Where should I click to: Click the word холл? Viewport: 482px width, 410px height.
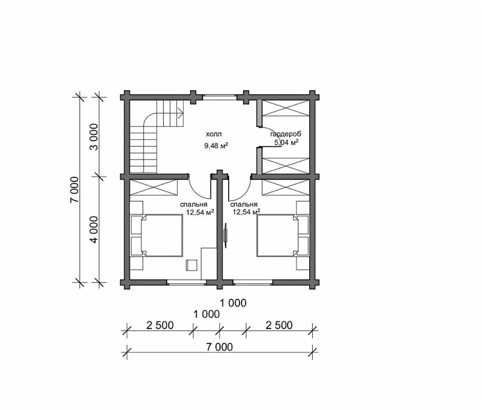click(214, 134)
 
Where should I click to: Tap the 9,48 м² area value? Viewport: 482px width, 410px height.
click(216, 146)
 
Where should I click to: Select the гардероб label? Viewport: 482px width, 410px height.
click(285, 134)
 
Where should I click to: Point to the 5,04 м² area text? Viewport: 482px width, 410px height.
click(287, 143)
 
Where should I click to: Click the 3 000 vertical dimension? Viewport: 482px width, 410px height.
click(94, 137)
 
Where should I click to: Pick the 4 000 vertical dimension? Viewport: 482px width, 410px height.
click(94, 230)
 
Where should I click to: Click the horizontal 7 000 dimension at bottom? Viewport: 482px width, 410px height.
click(219, 347)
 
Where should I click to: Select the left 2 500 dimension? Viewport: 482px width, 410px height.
click(160, 325)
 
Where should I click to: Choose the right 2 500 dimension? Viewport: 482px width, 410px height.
click(279, 325)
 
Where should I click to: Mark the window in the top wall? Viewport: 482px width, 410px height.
click(219, 97)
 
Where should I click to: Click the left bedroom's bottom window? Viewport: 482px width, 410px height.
click(187, 282)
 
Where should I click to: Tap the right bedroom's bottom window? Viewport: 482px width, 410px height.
click(253, 282)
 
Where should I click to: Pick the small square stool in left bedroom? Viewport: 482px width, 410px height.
click(192, 265)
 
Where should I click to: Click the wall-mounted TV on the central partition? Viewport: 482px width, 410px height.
click(225, 235)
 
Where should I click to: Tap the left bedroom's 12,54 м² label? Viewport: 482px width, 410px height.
click(200, 212)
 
